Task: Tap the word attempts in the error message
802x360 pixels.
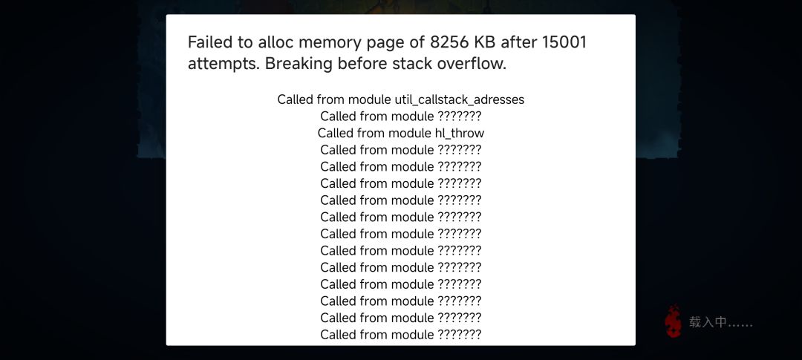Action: (x=224, y=65)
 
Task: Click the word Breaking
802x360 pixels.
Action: (x=297, y=65)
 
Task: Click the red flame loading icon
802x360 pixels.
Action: (x=674, y=321)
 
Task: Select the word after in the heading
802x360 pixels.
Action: (x=518, y=42)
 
